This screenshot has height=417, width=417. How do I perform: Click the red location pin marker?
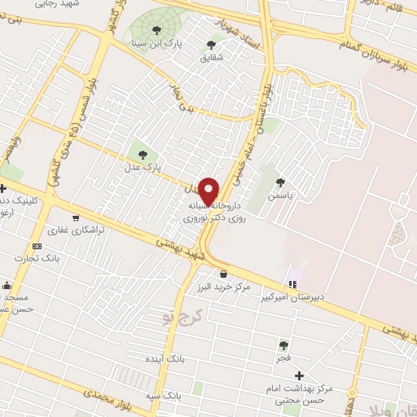click(x=209, y=190)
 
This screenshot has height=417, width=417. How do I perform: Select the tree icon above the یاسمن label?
click(x=281, y=182)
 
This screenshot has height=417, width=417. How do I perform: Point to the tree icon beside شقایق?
click(x=212, y=46)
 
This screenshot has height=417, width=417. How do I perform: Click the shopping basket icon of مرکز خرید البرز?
click(x=224, y=274)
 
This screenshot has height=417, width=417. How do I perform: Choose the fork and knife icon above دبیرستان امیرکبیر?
click(x=292, y=284)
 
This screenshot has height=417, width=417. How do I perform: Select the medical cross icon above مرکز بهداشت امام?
click(x=299, y=375)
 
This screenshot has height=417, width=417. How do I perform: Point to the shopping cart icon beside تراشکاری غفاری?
click(x=76, y=217)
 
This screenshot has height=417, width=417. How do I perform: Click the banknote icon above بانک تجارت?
click(x=36, y=246)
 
